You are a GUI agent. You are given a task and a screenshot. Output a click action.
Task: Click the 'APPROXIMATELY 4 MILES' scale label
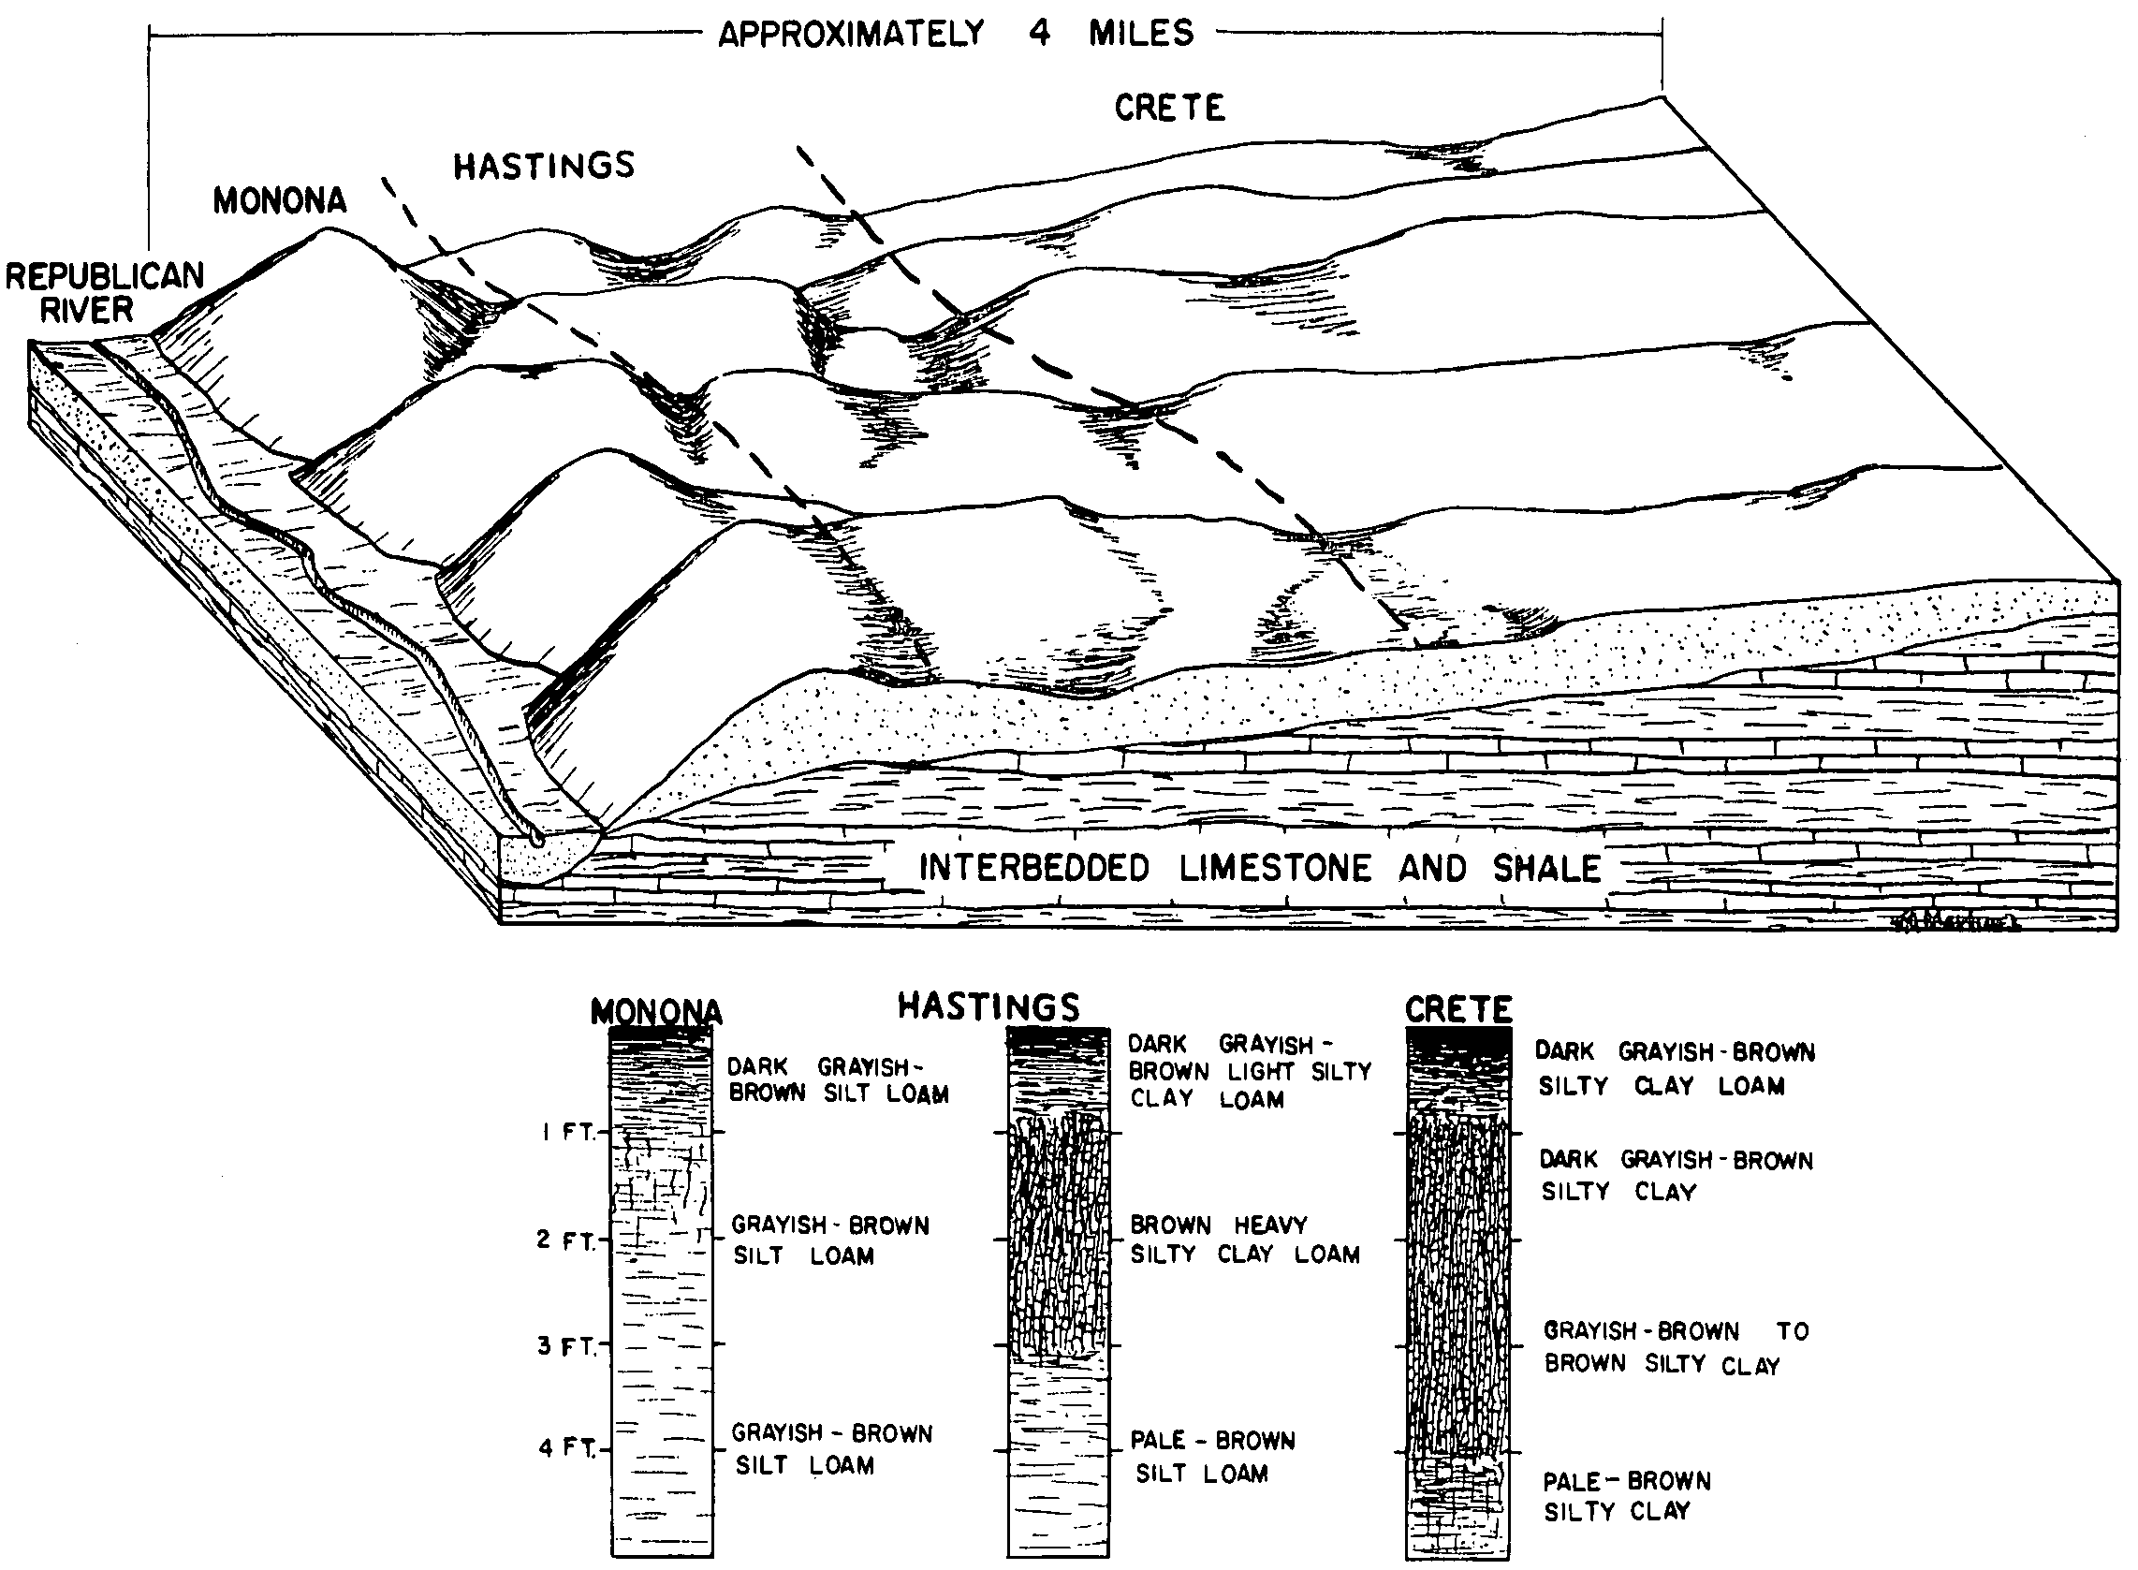[955, 35]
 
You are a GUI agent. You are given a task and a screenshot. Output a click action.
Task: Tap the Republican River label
[105, 293]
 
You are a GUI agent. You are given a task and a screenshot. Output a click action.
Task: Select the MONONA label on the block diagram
[279, 200]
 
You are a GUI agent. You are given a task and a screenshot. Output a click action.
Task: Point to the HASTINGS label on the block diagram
[544, 167]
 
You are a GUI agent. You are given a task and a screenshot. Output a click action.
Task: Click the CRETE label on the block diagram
[1169, 108]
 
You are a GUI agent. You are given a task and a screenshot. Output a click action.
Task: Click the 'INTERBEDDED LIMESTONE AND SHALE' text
[1259, 868]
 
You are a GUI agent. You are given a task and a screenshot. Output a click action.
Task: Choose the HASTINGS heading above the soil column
[988, 1006]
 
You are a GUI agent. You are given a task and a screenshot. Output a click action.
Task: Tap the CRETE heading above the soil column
[1457, 1009]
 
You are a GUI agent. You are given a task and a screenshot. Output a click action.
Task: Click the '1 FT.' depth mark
[568, 1133]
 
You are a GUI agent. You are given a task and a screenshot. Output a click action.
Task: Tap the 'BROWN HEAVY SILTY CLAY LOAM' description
[1244, 1240]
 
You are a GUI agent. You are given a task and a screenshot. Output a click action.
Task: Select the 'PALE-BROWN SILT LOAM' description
[1212, 1457]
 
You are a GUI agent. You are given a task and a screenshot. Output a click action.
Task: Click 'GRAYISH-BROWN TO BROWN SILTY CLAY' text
[1675, 1347]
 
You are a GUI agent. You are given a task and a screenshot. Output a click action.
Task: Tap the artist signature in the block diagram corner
[1957, 921]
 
